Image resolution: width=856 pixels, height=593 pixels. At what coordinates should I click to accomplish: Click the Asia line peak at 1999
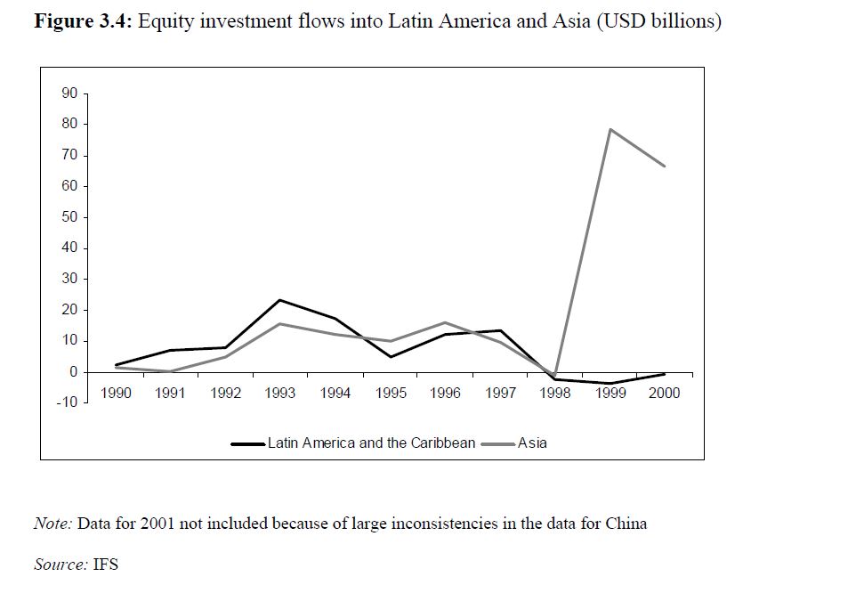click(610, 129)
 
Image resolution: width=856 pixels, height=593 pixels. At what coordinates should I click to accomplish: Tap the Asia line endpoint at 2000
click(665, 167)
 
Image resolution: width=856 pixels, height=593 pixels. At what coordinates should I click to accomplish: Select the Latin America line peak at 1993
click(279, 300)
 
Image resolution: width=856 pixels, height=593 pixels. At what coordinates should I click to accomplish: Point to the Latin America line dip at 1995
click(390, 357)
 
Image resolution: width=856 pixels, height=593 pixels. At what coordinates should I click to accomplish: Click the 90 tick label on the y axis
click(69, 93)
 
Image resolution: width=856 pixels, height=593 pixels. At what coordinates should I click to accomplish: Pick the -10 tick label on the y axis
click(67, 402)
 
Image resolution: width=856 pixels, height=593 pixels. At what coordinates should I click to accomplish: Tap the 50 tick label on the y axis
click(69, 217)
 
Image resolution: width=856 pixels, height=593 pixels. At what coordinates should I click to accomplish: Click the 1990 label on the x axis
click(116, 393)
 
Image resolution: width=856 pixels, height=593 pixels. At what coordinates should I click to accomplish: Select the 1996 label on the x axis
click(445, 393)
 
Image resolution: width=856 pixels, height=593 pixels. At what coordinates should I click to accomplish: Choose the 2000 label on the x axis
click(664, 393)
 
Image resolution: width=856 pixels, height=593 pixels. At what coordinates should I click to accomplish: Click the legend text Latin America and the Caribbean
click(371, 443)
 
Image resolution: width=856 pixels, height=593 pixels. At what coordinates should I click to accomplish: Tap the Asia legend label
click(532, 443)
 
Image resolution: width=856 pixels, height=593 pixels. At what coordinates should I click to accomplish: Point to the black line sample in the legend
click(247, 443)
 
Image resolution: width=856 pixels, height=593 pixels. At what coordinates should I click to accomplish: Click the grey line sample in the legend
click(497, 443)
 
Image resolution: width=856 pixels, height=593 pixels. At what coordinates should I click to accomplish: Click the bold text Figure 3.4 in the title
click(83, 21)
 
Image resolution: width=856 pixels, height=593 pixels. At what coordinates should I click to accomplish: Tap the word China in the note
click(626, 524)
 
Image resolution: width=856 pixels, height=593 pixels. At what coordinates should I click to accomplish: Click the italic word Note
click(52, 524)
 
